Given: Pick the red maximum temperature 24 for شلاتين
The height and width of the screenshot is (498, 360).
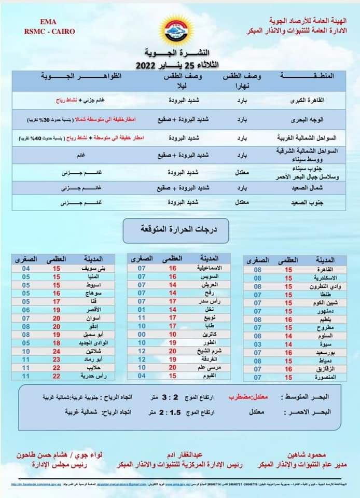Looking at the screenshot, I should [57, 351].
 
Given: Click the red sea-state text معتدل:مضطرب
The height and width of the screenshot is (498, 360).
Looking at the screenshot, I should [247, 397].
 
